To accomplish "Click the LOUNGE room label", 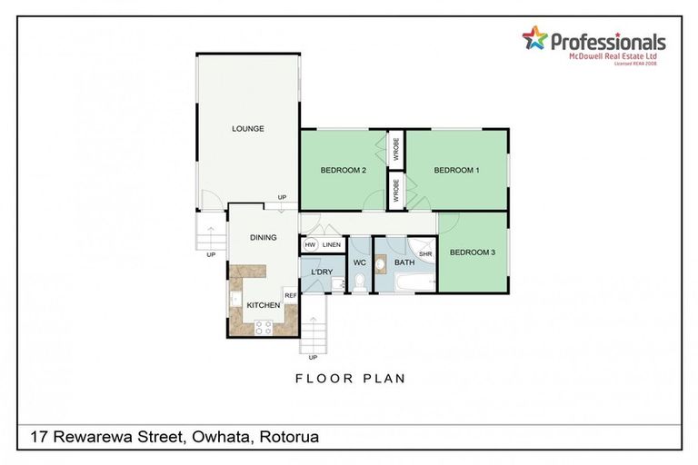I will (247, 129).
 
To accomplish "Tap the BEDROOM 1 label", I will (456, 170).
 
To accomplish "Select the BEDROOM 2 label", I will (343, 170).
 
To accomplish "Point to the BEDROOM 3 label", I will (473, 252).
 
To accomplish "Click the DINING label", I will (264, 238).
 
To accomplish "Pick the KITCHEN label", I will (264, 305).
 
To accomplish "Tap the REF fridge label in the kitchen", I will (291, 295).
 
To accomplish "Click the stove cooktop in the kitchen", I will (264, 326).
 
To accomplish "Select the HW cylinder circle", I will (310, 244).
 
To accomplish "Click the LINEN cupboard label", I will (332, 244).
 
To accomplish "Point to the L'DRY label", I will (320, 272).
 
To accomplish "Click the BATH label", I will (404, 263).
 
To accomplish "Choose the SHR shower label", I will (424, 254).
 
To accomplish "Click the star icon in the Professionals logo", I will (534, 38).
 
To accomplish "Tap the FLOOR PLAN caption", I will (350, 378).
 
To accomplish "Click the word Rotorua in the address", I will (289, 438).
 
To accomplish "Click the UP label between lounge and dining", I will (283, 197).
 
